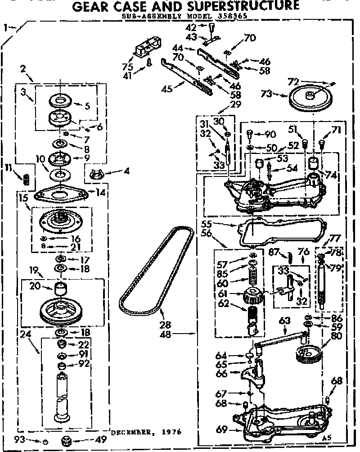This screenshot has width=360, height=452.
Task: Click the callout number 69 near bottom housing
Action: coord(221,429)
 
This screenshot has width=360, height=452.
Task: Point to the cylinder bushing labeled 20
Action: coord(60,288)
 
